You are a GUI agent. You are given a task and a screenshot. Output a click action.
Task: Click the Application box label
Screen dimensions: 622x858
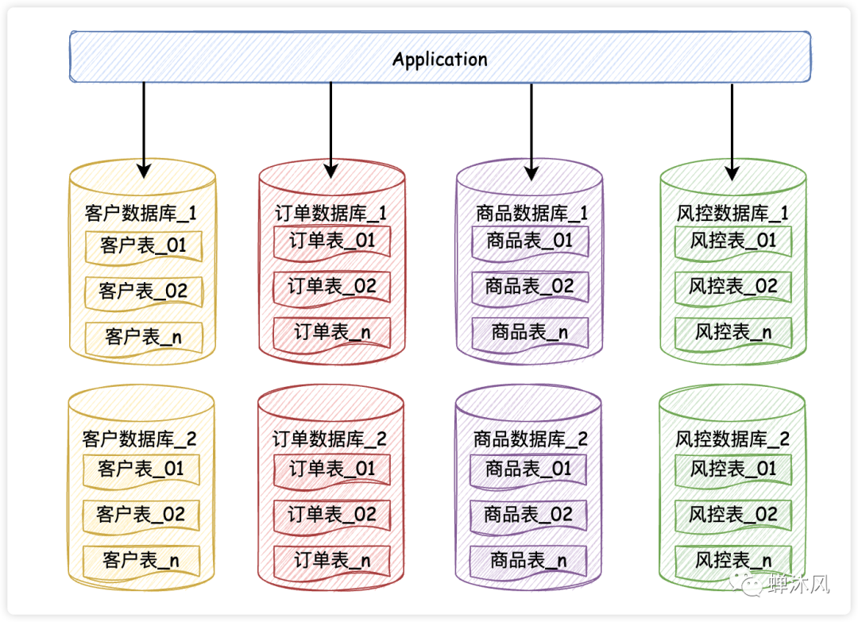439,60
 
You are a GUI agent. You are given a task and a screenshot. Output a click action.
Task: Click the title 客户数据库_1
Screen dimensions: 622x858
141,213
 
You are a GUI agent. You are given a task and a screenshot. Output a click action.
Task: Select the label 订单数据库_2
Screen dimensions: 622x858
330,438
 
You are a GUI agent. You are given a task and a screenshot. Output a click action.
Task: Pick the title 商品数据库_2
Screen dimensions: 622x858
531,438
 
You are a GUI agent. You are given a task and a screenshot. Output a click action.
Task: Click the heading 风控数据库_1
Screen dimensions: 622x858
732,213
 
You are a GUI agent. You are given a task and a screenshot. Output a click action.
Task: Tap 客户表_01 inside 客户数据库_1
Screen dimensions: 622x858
143,245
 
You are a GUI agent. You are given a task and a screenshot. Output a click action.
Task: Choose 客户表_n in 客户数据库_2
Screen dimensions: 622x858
141,561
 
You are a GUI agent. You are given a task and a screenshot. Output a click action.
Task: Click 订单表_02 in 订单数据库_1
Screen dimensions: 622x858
331,287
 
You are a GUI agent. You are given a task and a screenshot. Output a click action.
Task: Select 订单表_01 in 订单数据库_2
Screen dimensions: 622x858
331,469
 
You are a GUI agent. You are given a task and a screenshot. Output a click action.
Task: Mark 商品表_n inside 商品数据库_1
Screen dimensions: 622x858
530,332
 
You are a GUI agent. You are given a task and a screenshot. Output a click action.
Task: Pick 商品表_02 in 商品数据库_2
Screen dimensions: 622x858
529,515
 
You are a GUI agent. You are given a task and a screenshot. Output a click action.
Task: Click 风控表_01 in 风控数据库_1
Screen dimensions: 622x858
732,241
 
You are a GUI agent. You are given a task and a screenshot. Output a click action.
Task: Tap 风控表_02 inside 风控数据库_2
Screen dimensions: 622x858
732,515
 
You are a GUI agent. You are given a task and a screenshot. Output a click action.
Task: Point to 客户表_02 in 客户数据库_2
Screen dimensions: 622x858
141,515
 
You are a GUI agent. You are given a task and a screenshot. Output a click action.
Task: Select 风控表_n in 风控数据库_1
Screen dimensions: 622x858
732,332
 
